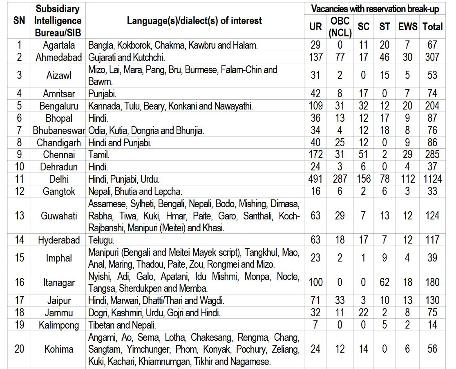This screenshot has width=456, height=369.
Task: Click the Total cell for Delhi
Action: [x=432, y=179]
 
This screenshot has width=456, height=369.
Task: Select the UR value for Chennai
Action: [x=315, y=154]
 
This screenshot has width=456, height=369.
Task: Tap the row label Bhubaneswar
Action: [x=59, y=131]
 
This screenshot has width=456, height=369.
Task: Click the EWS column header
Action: [x=408, y=27]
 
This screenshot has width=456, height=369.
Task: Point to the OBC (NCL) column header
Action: [x=340, y=27]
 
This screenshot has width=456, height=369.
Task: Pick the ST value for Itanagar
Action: [x=384, y=282]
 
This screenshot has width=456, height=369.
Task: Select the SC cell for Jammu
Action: [x=363, y=313]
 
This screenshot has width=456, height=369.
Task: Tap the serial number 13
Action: [x=19, y=215]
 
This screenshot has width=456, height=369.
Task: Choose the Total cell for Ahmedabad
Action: [x=432, y=57]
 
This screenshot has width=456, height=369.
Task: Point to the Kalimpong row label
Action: [x=59, y=325]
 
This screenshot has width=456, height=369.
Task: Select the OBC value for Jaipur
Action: [x=340, y=301]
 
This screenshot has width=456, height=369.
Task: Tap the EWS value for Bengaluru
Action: [x=408, y=106]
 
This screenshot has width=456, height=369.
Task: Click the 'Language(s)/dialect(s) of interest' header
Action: [x=194, y=21]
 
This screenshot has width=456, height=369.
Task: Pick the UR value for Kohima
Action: [x=315, y=349]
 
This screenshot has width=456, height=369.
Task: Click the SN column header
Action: [x=19, y=21]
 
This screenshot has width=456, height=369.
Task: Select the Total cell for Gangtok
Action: [x=432, y=191]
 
